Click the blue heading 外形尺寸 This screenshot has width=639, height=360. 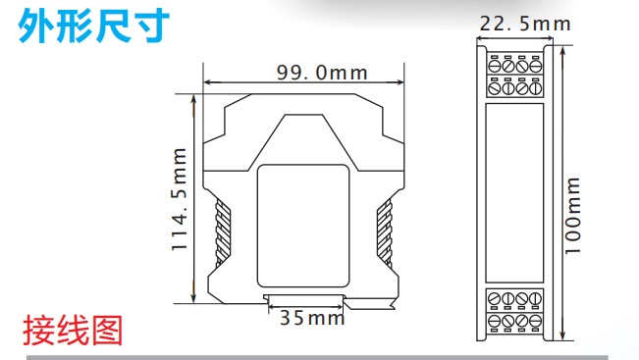[93, 26]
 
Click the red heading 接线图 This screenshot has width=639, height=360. [73, 331]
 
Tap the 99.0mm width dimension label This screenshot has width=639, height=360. [322, 73]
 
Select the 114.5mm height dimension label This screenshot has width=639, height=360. [180, 199]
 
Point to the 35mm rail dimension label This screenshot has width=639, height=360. [312, 318]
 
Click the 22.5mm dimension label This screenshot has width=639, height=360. [525, 24]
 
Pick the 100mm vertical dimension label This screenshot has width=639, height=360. [572, 216]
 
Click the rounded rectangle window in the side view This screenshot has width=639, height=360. [303, 226]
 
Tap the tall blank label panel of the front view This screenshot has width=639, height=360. [514, 192]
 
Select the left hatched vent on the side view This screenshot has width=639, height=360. [223, 232]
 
